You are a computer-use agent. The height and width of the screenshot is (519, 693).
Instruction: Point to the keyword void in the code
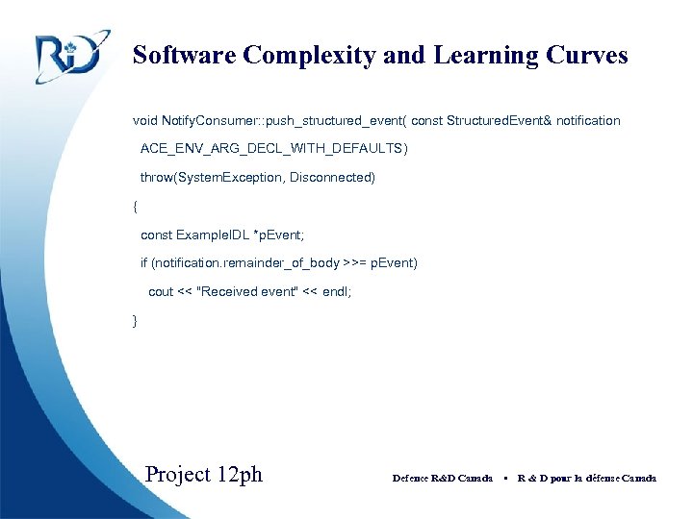144,121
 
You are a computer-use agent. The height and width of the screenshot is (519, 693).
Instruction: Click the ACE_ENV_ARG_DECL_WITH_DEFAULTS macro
273,149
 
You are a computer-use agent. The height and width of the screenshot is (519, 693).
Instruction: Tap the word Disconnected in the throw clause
332,178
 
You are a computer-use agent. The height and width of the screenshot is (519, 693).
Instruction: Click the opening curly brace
136,206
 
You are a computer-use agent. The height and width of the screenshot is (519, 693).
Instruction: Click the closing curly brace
136,319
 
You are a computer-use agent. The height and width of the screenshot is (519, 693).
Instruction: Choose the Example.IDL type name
212,235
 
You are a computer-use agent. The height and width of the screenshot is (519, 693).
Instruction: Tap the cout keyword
161,291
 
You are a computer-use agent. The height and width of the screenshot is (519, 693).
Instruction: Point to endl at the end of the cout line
336,291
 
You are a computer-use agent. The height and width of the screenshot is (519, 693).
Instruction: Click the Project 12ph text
203,475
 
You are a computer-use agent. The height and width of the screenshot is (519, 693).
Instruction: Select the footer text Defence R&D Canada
443,478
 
